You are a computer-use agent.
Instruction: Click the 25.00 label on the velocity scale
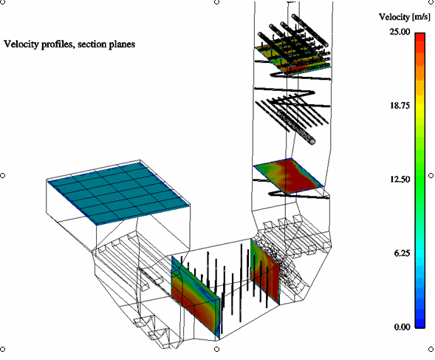400,32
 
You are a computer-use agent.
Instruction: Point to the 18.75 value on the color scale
400,106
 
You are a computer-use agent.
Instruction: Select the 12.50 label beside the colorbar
400,179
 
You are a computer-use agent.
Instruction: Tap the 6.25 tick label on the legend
402,253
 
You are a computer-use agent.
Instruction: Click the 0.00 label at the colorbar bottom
402,327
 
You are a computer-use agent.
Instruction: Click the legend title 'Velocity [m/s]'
405,17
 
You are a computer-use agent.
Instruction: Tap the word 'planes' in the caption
122,44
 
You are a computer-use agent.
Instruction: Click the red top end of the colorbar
420,38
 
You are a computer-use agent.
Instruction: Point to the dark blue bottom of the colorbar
420,323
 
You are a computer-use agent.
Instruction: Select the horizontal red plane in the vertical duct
289,175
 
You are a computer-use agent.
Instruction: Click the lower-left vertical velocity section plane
196,297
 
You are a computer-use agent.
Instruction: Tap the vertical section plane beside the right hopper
265,272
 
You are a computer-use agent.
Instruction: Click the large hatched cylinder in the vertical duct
296,127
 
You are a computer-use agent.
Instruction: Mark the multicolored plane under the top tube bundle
293,59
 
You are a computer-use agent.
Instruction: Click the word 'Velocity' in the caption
21,44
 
